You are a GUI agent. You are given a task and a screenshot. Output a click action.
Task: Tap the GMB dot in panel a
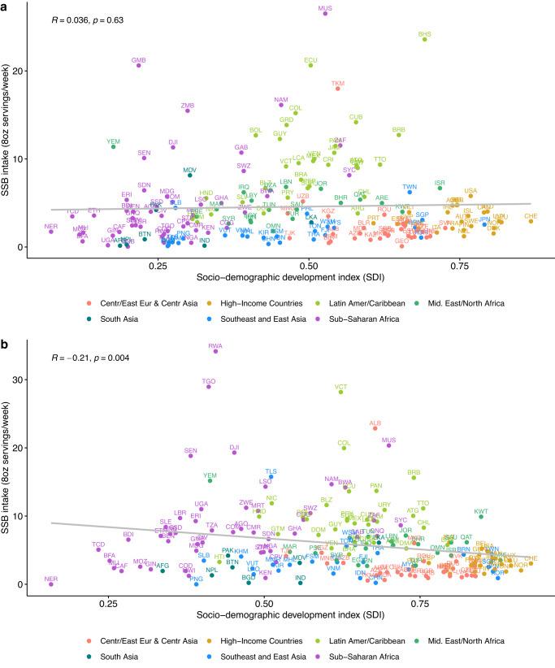pos(139,65)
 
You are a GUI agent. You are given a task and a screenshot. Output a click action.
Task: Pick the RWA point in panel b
pos(215,351)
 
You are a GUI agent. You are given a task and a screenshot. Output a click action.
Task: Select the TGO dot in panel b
pos(209,386)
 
